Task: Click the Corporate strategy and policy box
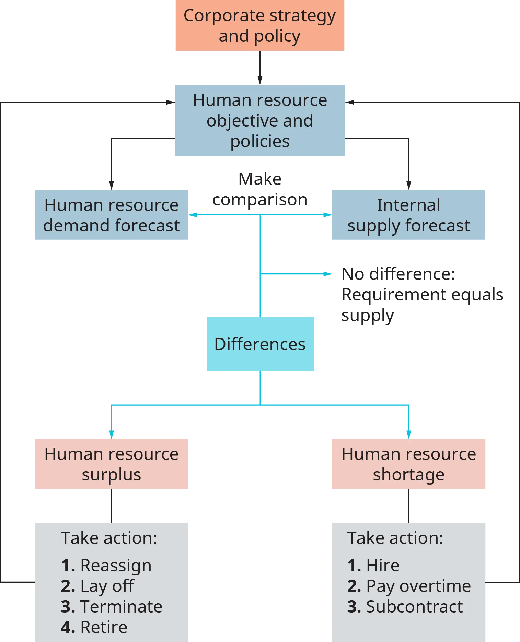[x=259, y=26]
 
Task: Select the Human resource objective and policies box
[x=259, y=120]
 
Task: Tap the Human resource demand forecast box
[x=111, y=215]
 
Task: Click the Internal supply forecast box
[x=408, y=215]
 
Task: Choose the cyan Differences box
[x=260, y=344]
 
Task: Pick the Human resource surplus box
[x=111, y=464]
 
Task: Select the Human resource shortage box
[x=408, y=464]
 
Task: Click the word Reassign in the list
[x=116, y=566]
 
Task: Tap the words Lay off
[x=107, y=586]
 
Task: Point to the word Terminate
[x=121, y=607]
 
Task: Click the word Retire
[x=104, y=627]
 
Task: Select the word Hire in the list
[x=383, y=566]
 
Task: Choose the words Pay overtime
[x=418, y=586]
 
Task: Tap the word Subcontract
[x=414, y=607]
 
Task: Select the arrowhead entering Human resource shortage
[x=408, y=433]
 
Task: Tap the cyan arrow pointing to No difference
[x=324, y=273]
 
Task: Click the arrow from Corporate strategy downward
[x=259, y=78]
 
